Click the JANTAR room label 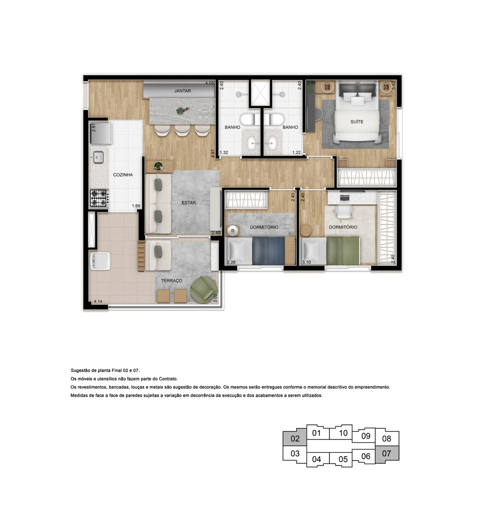182,91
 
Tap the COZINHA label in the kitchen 123,175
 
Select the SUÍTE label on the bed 357,122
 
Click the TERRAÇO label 171,281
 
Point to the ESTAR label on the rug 189,203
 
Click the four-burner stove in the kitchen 99,198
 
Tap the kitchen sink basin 98,157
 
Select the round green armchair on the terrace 203,291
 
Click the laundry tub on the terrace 100,261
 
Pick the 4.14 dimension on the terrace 98,302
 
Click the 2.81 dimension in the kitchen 94,127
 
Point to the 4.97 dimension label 213,153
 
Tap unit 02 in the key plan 295,438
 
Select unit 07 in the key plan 387,454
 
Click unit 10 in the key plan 343,433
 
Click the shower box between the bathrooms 260,93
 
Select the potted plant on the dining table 181,110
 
